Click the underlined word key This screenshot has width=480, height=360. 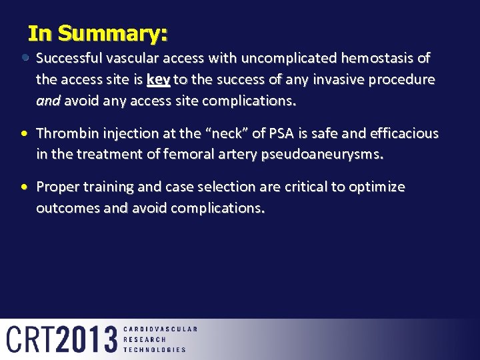158,80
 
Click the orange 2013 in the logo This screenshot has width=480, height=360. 87,339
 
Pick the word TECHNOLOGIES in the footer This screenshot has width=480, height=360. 155,349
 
